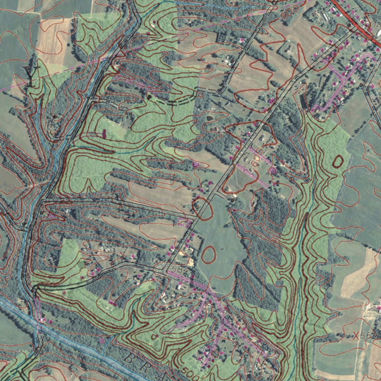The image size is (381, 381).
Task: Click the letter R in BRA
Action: (x=147, y=366)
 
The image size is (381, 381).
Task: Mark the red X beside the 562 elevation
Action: (x=356, y=336)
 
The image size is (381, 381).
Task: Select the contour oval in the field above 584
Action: (x=208, y=254)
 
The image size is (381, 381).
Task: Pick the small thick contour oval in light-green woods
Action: (x=338, y=161)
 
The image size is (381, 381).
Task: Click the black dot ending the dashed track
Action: (x=150, y=96)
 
